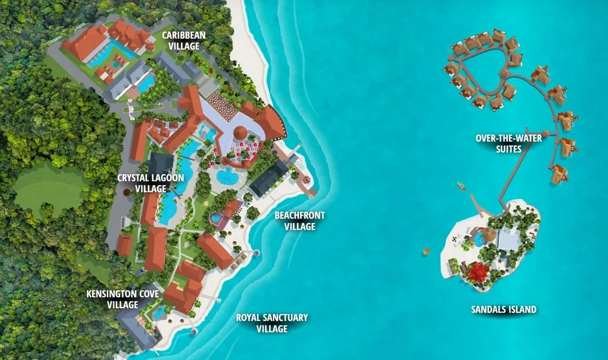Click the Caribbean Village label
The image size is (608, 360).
click(x=180, y=41)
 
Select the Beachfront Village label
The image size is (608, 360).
click(x=299, y=221)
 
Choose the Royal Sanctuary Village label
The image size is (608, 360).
click(x=272, y=323)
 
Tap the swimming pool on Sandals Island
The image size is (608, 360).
click(x=478, y=238)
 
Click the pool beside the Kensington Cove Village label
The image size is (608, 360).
click(x=159, y=312)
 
